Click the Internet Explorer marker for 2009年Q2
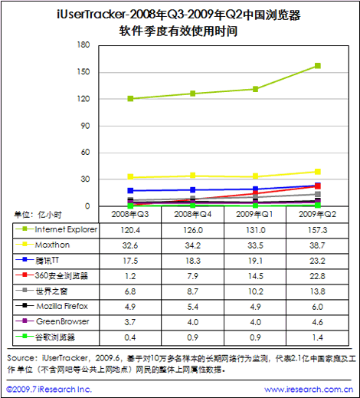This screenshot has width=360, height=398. tap(318, 66)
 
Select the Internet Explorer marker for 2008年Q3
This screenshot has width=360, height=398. tap(130, 99)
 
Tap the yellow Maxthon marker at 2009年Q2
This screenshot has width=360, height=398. tap(318, 172)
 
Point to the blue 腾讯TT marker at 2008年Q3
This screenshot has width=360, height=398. tap(130, 190)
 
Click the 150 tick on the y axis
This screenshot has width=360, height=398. tap(83, 72)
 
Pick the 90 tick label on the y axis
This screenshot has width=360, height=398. tap(85, 126)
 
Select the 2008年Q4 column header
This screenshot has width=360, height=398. tap(193, 214)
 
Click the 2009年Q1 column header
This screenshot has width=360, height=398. tap(254, 214)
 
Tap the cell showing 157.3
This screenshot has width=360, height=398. tap(317, 230)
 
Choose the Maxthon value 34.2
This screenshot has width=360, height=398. tap(193, 245)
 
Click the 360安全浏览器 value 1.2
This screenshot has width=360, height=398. tap(130, 276)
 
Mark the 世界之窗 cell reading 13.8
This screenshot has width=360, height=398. tap(317, 291)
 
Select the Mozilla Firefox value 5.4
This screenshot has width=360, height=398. tap(193, 307)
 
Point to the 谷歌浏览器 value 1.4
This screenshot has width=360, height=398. tap(317, 337)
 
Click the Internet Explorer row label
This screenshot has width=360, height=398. tap(66, 229)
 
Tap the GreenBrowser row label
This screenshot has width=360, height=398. tap(63, 321)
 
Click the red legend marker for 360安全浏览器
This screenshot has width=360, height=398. tap(25, 275)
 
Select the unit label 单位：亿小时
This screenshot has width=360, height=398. tap(38, 215)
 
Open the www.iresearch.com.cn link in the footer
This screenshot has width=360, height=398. tap(309, 390)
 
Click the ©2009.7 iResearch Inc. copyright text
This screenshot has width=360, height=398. tap(49, 390)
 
